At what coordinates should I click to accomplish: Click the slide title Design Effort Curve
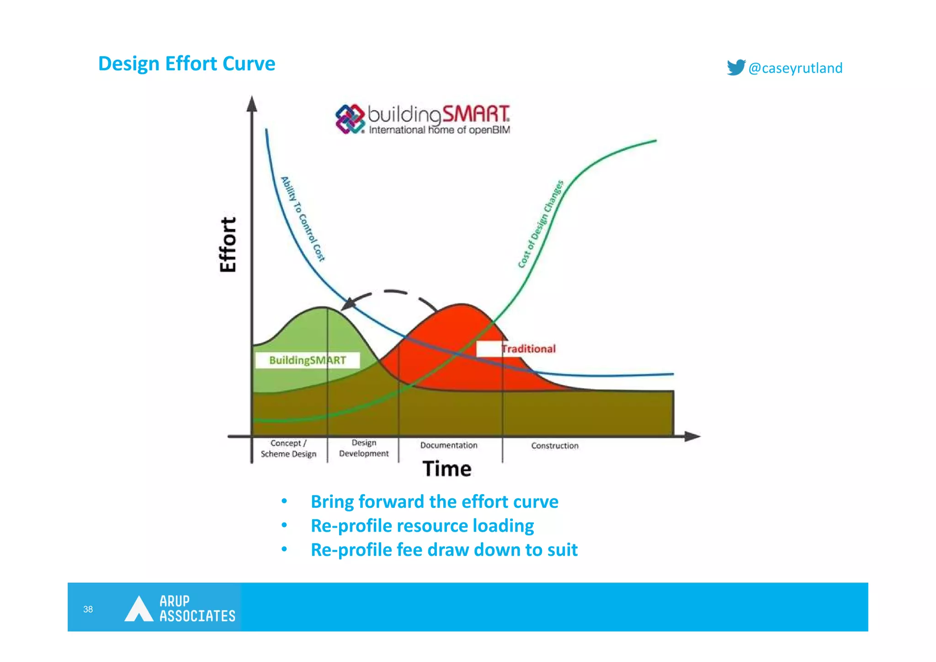[186, 64]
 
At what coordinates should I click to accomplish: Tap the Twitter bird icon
[735, 67]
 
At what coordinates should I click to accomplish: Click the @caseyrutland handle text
[795, 68]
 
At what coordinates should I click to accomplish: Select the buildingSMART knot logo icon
[350, 119]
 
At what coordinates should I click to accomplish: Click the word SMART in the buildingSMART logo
[475, 114]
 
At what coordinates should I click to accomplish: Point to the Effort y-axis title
[228, 245]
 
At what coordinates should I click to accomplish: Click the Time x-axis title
[447, 469]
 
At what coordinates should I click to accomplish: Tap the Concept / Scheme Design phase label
[288, 448]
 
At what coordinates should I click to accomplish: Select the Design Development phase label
[364, 448]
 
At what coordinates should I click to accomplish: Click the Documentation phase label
[448, 445]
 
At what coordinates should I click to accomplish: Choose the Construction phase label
[554, 446]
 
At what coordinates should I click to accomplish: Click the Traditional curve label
[528, 349]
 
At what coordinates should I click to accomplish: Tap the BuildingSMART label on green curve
[307, 360]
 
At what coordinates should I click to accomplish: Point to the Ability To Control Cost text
[303, 219]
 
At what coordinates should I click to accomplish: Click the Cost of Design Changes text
[541, 224]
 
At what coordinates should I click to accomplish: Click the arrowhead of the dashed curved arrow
[349, 304]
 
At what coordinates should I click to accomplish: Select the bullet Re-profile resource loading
[422, 526]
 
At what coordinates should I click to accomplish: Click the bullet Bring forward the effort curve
[434, 501]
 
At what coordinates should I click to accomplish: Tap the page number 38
[88, 609]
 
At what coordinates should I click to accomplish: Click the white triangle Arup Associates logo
[138, 609]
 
